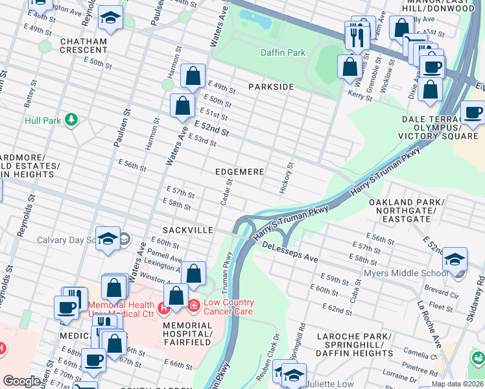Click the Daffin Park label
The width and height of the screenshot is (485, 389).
[x=282, y=52]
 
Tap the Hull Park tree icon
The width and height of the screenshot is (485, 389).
[x=71, y=120]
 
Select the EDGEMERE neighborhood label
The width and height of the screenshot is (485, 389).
[x=240, y=172]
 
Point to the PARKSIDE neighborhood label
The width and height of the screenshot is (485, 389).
[x=271, y=87]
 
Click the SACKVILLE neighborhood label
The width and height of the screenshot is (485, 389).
[x=188, y=230]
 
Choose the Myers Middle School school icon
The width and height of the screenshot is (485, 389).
[x=455, y=259]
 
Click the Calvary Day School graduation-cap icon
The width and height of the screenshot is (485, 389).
[x=108, y=238]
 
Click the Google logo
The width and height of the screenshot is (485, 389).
[x=22, y=381]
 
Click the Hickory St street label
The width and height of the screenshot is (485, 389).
[x=286, y=173]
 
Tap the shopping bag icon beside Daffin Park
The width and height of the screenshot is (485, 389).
[x=349, y=65]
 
